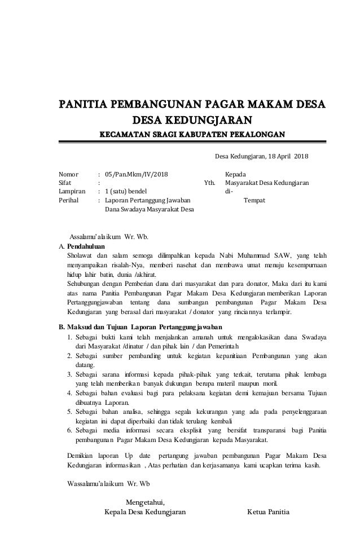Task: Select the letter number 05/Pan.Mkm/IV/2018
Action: [137, 174]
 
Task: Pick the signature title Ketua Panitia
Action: [268, 513]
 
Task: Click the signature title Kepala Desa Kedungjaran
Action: [144, 513]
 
